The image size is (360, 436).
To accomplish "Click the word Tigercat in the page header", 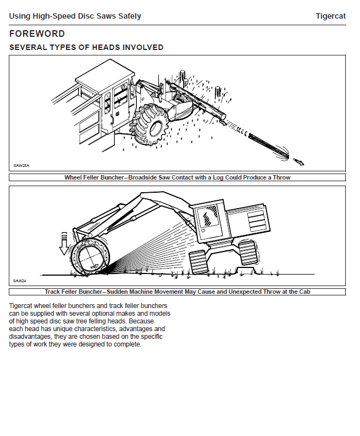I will point(330,16).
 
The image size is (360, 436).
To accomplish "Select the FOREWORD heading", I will point(37,34).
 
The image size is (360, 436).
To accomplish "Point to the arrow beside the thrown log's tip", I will point(299,161).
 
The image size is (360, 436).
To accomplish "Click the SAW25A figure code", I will point(21,165).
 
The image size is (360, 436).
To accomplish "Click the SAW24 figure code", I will point(20,281).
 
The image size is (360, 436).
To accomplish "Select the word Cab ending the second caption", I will point(303,292).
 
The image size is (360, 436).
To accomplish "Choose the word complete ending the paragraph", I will point(126,344).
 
